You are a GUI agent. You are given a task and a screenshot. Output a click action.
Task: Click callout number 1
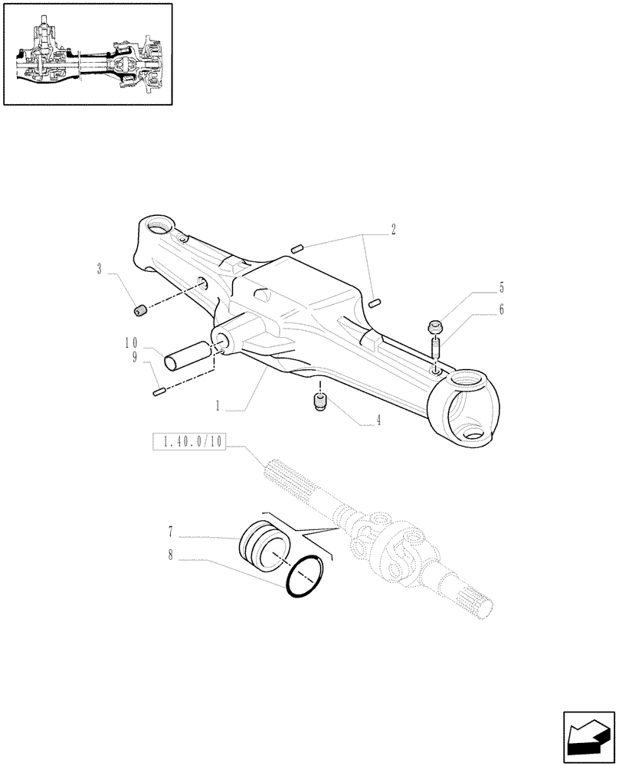click(218, 407)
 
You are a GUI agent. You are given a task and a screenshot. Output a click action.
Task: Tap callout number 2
click(393, 228)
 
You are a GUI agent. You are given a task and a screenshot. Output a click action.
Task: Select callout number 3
click(100, 269)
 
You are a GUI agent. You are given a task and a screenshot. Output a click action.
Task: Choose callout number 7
click(170, 530)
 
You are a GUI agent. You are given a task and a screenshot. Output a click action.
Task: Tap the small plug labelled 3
click(139, 309)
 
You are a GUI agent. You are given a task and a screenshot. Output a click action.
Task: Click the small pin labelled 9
click(159, 392)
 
